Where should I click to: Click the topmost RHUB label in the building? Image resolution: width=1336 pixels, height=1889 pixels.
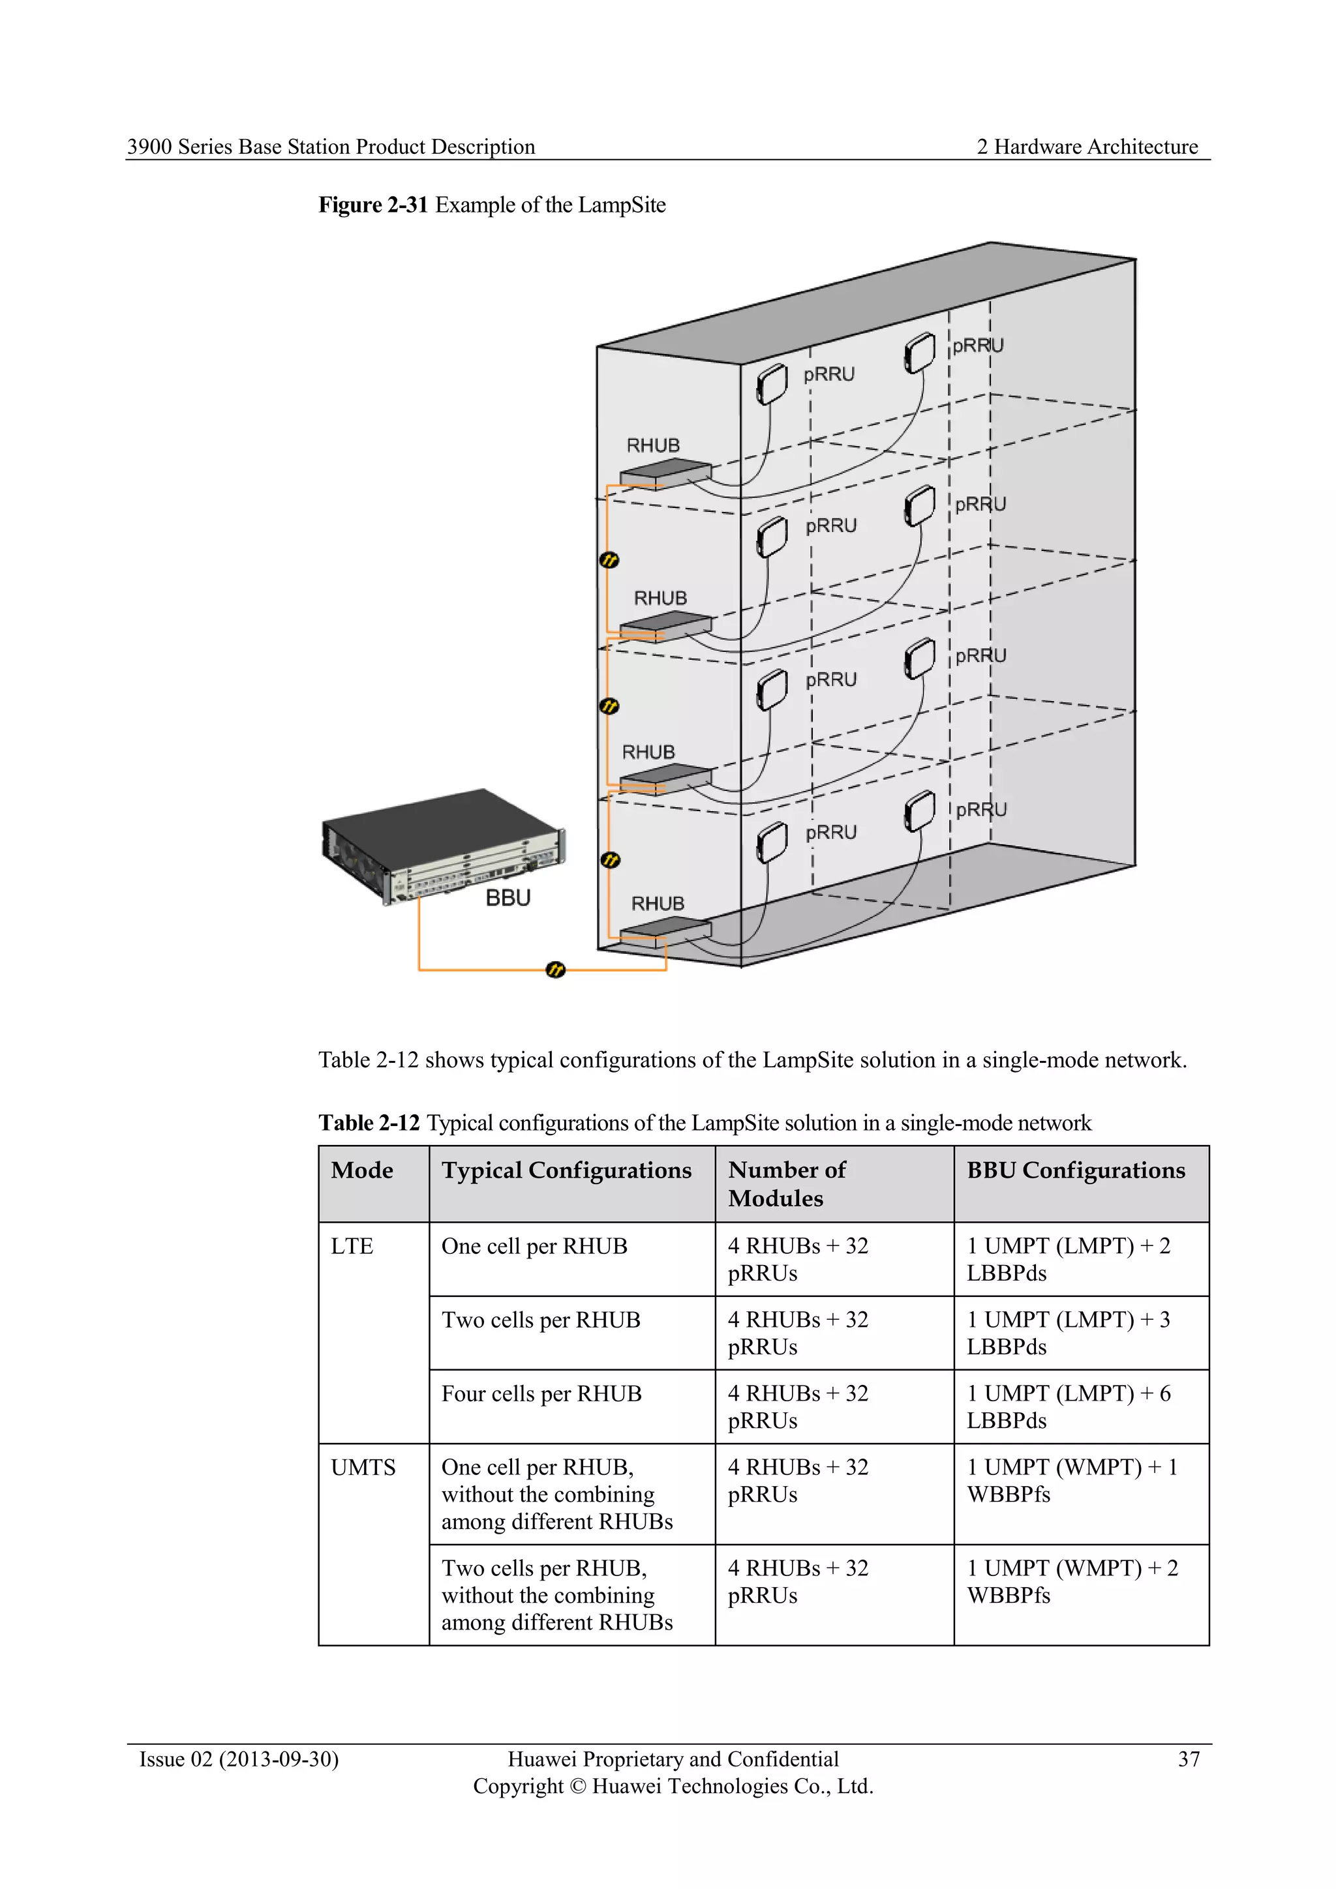(x=653, y=445)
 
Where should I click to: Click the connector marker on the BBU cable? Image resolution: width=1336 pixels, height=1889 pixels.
(x=556, y=970)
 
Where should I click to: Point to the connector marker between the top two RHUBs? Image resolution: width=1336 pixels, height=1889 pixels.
(x=609, y=560)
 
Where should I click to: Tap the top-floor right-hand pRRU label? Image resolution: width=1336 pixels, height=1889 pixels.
(x=978, y=346)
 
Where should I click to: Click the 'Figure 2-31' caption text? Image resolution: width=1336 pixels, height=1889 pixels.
(x=373, y=205)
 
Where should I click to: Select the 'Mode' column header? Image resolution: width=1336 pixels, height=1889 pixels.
(x=362, y=1170)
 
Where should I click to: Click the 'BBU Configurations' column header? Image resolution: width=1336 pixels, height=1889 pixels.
(x=1075, y=1170)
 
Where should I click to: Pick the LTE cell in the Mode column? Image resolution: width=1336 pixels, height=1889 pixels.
(x=352, y=1247)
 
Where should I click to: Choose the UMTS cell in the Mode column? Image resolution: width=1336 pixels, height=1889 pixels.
(x=363, y=1468)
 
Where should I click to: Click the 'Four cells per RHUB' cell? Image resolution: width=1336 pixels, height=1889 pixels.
(x=541, y=1393)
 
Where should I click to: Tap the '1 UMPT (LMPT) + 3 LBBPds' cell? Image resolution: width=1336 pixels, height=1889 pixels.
(x=1068, y=1333)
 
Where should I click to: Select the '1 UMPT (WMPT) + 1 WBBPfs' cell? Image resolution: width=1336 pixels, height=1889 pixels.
(x=1072, y=1481)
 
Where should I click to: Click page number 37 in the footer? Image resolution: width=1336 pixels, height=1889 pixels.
(x=1188, y=1759)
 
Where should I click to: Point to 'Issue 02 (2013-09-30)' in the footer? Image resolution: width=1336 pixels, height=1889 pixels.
(x=239, y=1759)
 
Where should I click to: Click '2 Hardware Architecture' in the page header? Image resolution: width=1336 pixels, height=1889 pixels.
(x=1087, y=147)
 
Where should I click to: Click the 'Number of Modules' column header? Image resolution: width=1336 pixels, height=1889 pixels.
(x=786, y=1184)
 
